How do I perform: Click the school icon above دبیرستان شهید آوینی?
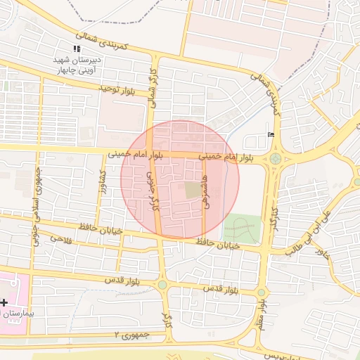coord(77,49)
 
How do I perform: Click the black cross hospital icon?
coord(4,301)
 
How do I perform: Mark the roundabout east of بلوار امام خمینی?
coord(274,160)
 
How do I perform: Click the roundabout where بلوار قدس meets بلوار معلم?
coord(261,292)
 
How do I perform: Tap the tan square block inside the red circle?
coord(192,190)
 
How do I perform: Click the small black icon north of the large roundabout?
coord(271,135)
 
